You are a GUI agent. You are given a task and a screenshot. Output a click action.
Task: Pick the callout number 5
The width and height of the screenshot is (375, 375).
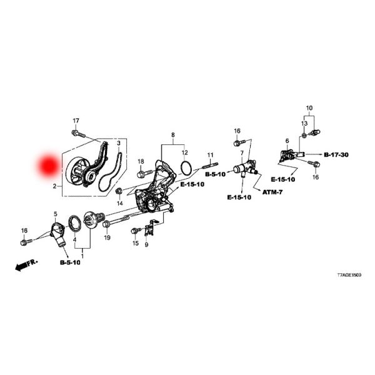pos(55,214)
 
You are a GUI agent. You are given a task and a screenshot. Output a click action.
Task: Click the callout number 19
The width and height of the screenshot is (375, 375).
pos(107,238)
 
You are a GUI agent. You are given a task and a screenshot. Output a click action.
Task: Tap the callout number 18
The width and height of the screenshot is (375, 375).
pos(141,161)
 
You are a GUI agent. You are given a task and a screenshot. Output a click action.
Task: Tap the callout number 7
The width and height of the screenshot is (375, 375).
pos(241,153)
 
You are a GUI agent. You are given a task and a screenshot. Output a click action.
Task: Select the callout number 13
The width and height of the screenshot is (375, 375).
pos(304,124)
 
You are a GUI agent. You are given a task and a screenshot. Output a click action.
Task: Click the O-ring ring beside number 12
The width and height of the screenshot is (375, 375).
pos(185,167)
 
